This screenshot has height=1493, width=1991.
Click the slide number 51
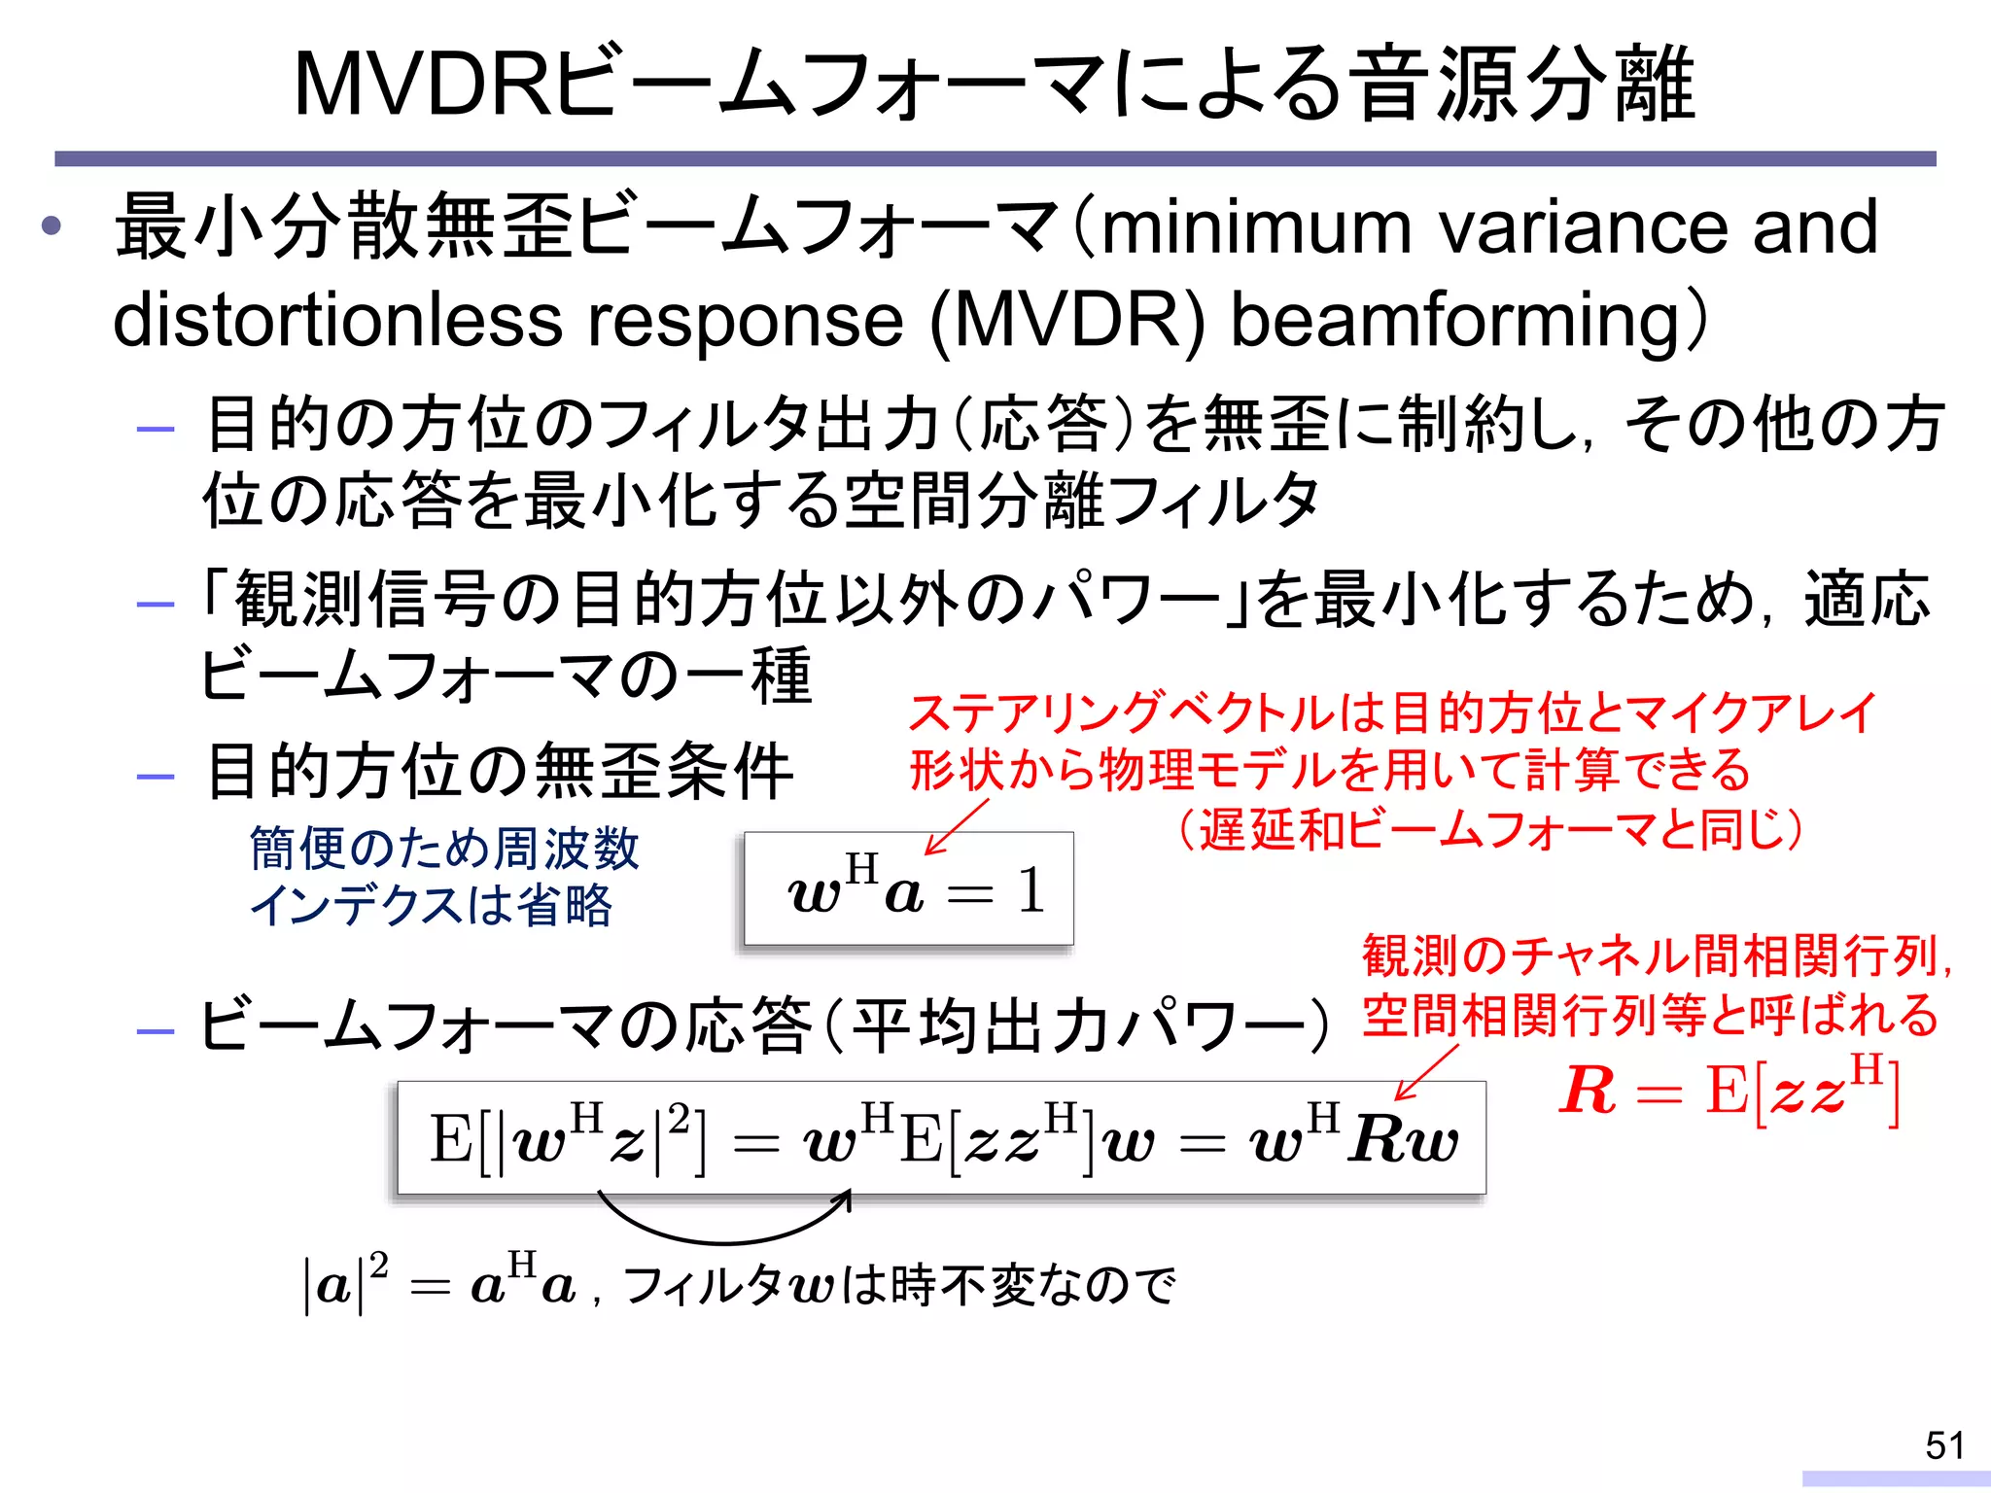[1944, 1445]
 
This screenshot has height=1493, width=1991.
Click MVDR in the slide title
[424, 86]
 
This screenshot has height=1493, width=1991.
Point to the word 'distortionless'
[336, 321]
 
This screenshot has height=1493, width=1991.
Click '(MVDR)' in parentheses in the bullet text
[1067, 321]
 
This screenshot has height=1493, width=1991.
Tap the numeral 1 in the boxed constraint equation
[1030, 890]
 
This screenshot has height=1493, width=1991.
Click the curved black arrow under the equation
[724, 1227]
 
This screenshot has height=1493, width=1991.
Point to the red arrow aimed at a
[957, 827]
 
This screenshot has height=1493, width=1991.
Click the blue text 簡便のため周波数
[444, 848]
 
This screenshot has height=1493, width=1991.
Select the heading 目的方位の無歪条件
[500, 772]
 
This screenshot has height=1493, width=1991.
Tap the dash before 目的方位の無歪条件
[157, 777]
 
